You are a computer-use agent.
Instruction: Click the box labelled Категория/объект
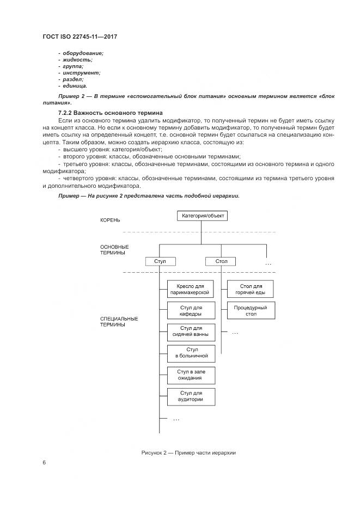coord(201,216)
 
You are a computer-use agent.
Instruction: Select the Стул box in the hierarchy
coord(160,261)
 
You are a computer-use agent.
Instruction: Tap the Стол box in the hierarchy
coord(221,261)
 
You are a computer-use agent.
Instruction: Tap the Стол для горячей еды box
coord(250,289)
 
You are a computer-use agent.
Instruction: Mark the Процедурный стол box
coord(250,311)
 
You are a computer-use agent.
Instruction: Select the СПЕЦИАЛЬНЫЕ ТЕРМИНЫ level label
coord(119,321)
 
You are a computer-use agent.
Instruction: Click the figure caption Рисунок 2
coord(188,453)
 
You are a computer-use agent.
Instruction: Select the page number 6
coord(44,462)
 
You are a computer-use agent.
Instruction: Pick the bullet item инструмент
coord(81,72)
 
